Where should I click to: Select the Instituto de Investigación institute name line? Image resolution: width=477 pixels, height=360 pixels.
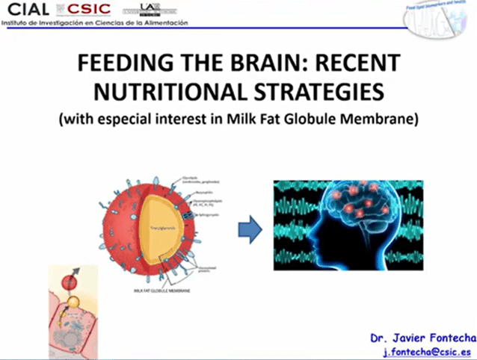[x=94, y=22]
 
